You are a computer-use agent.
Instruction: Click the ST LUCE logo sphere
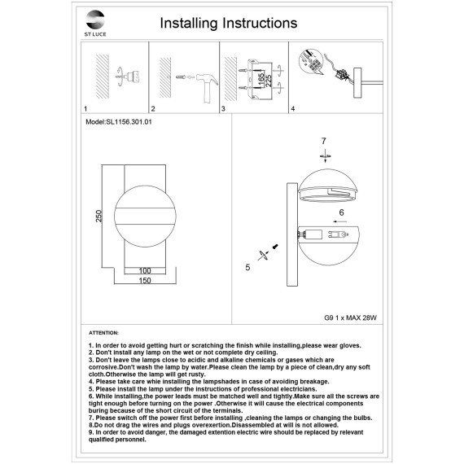95,20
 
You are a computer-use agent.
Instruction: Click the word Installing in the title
189,24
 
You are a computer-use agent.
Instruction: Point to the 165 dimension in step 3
260,80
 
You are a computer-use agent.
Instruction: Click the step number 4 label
293,108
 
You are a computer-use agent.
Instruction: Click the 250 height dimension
98,216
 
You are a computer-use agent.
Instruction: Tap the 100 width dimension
145,270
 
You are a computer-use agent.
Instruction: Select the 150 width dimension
145,280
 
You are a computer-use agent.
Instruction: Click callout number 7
324,141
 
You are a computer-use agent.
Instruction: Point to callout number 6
342,212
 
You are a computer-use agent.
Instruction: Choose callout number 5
247,267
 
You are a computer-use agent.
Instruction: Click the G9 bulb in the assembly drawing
338,235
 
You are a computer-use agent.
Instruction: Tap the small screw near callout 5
275,246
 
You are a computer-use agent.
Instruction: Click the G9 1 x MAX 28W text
350,318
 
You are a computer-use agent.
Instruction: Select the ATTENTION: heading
103,333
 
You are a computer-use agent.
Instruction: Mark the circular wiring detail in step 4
311,63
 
